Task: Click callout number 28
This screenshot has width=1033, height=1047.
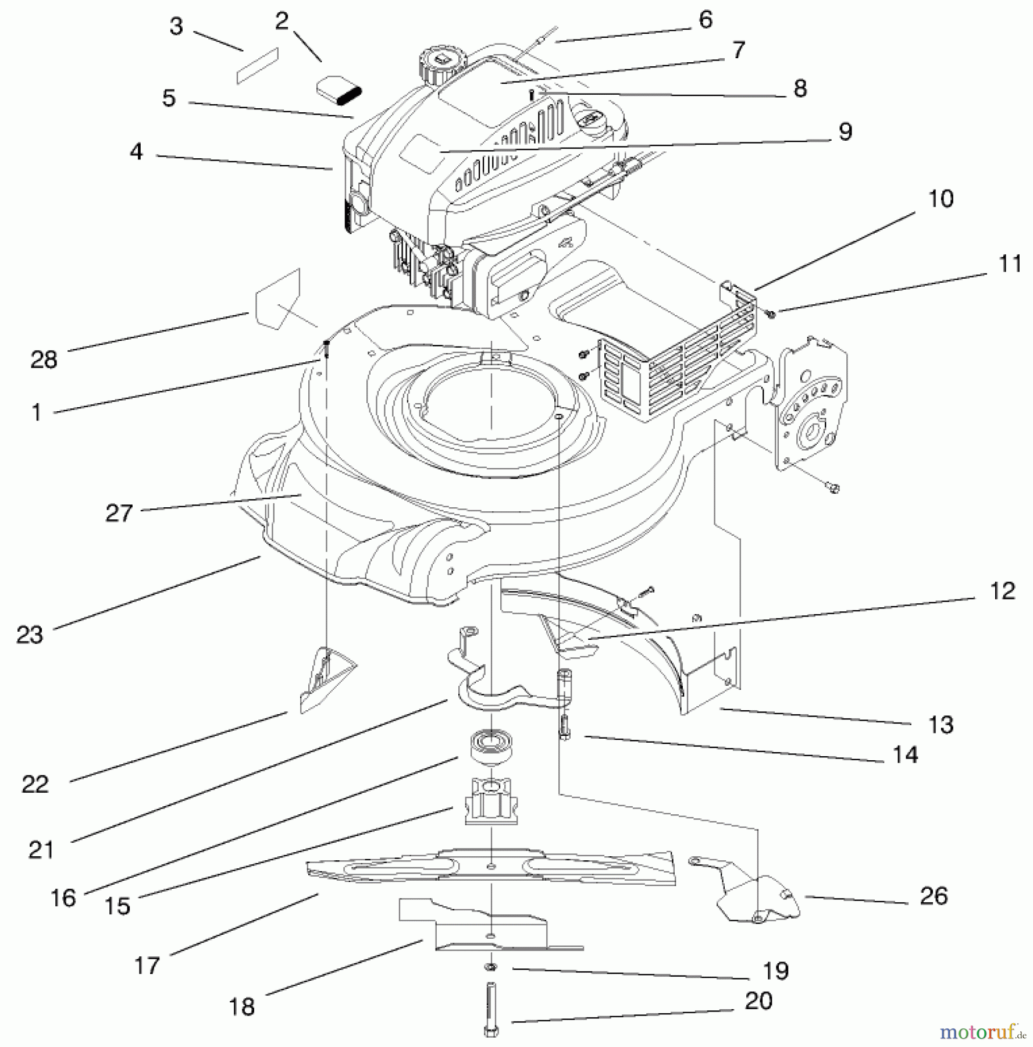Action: pos(44,360)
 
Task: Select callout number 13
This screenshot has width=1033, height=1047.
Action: pos(941,725)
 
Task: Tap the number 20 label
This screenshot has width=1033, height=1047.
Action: pos(758,1000)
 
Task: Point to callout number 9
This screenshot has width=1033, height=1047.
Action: pos(845,131)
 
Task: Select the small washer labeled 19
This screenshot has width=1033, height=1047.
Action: pos(490,967)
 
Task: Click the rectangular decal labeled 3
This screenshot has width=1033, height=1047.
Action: pos(258,66)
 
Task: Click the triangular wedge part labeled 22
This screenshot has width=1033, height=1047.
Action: pos(326,681)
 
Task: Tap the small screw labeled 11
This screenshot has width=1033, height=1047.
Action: pos(771,314)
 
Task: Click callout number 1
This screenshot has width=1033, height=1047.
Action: pos(36,412)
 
